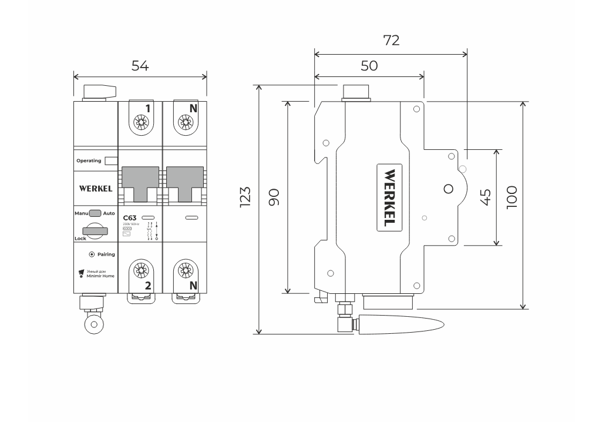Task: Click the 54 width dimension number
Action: tap(140, 66)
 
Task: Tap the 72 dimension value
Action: tap(391, 40)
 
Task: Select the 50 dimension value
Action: tap(369, 65)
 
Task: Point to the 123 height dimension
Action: tap(245, 197)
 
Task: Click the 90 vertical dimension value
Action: tap(274, 197)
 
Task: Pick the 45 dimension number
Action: tap(485, 197)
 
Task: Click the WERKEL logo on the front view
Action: tap(96, 189)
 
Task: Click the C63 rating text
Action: tap(130, 217)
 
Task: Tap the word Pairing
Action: tap(106, 254)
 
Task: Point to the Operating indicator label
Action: tap(89, 160)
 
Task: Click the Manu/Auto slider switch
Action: tap(96, 213)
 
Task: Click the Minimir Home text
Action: tap(100, 275)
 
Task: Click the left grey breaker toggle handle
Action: tap(140, 182)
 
